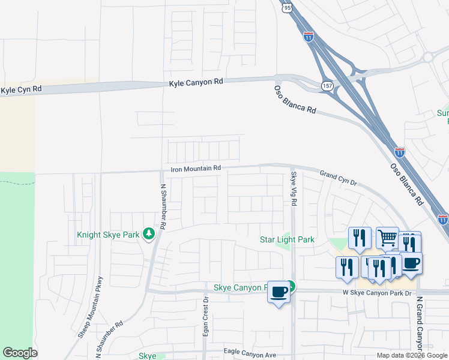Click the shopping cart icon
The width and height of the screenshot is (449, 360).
[388, 238]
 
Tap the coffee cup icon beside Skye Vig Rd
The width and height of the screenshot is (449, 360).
[278, 292]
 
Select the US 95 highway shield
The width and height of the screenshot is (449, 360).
[286, 8]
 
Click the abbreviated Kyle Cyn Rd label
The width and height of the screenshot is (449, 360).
[21, 89]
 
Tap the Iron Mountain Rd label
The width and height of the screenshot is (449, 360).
[196, 169]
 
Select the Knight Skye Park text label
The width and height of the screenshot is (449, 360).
[108, 235]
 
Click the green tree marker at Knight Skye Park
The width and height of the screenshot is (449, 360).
[149, 234]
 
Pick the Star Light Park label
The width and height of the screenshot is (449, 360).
[287, 240]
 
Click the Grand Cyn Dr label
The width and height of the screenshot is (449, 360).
[338, 178]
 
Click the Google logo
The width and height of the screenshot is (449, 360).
[20, 353]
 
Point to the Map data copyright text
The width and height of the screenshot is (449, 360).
[411, 355]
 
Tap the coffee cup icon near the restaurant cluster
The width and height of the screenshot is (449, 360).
[411, 263]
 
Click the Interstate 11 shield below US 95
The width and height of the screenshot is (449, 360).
[309, 36]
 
